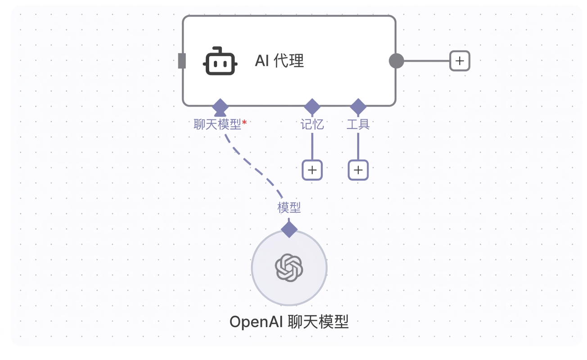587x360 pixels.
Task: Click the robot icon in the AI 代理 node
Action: (x=220, y=61)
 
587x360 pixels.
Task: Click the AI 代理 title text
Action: (x=280, y=61)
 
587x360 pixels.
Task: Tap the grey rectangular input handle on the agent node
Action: (x=182, y=61)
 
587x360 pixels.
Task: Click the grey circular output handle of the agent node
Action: (x=396, y=61)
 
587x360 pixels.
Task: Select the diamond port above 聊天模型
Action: (x=220, y=107)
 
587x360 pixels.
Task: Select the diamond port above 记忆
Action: (x=312, y=107)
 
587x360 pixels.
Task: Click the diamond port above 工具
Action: (x=358, y=107)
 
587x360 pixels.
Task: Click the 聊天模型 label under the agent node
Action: (x=217, y=124)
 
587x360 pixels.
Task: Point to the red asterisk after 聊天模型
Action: (x=244, y=122)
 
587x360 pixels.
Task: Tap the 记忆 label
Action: (x=312, y=124)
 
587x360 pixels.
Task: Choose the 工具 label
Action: (x=358, y=124)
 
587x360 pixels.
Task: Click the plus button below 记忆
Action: (x=312, y=170)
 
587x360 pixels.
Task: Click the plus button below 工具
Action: (x=358, y=170)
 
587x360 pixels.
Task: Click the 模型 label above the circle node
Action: (x=289, y=208)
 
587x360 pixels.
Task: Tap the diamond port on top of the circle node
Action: (x=289, y=229)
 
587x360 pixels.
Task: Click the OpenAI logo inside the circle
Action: (x=289, y=267)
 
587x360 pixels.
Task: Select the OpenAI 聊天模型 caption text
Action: (x=289, y=321)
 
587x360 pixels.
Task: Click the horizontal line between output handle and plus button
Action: (x=427, y=61)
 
